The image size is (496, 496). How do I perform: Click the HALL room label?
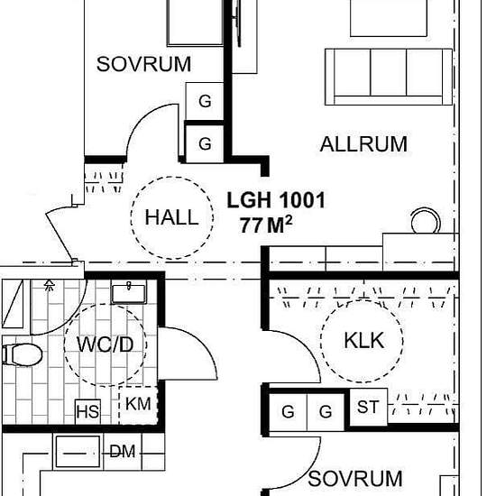coord(171,217)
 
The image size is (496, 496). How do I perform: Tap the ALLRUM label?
coord(363,144)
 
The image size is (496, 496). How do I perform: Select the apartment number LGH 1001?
coord(276,200)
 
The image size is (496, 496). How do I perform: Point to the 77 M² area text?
coord(266,225)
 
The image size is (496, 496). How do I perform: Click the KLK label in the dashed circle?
coord(364,341)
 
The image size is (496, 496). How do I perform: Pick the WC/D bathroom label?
coord(105,344)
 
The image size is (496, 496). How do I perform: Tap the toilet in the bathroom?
coord(23,355)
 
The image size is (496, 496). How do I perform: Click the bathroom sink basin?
coord(129,294)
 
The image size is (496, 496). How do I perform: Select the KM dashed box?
coord(138,405)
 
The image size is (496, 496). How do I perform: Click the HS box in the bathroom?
coord(88,412)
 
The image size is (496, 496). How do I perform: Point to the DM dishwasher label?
coord(123,452)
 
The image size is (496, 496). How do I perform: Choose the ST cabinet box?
coord(368,407)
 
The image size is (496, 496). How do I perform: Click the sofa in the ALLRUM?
coord(389,77)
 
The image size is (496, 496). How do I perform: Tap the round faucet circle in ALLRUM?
coord(425,221)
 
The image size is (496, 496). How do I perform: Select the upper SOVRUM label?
coord(144,64)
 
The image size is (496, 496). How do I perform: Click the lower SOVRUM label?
coord(355,479)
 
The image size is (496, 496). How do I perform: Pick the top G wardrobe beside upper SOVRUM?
coord(205,102)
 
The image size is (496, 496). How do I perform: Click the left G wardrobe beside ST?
coord(288,412)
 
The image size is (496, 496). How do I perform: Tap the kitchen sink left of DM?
coord(78,452)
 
